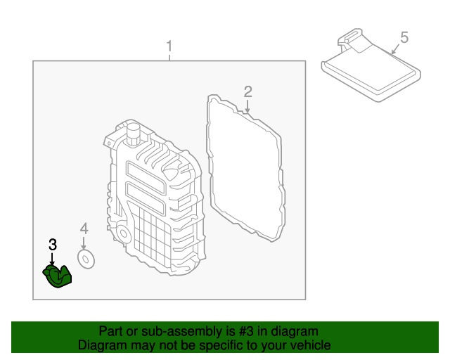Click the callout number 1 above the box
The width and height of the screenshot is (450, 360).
(169, 47)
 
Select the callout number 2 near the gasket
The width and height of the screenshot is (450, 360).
(247, 91)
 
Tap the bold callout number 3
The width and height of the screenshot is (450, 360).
(52, 245)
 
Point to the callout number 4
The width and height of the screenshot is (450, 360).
(84, 229)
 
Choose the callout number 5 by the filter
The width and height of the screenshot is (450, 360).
(404, 37)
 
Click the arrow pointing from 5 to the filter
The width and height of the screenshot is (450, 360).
(395, 49)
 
